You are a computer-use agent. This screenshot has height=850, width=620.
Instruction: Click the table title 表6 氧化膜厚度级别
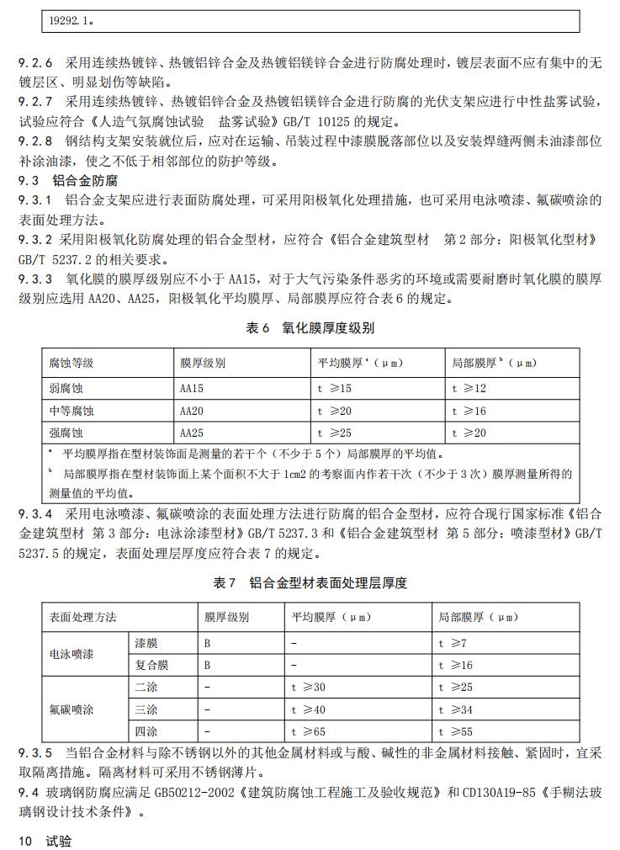310,328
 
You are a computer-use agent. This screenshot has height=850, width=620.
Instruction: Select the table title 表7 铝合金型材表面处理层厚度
310,583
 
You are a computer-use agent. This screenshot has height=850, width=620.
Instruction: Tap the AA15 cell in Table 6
193,389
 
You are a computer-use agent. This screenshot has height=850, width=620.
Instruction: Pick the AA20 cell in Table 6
193,411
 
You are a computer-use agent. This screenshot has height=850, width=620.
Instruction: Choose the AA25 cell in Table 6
193,433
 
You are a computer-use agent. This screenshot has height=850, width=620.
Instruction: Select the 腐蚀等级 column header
71,364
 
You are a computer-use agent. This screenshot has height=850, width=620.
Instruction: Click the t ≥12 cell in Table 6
469,389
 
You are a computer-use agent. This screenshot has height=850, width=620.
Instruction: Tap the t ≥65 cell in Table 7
309,732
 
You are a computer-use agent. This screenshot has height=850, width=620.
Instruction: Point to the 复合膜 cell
152,665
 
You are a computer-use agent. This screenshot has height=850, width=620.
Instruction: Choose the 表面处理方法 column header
82,617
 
